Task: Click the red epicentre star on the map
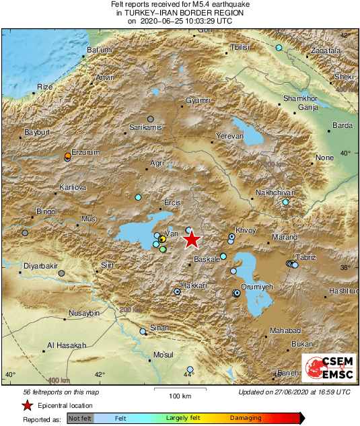pos(192,239)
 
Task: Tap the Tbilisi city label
pos(240,47)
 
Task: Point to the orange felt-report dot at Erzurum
pos(67,156)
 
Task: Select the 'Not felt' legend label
pos(80,418)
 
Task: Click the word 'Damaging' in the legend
pos(245,418)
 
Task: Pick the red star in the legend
pos(27,405)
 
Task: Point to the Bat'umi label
pos(100,50)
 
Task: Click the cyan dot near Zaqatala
pos(279,48)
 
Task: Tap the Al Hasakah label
pos(67,345)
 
